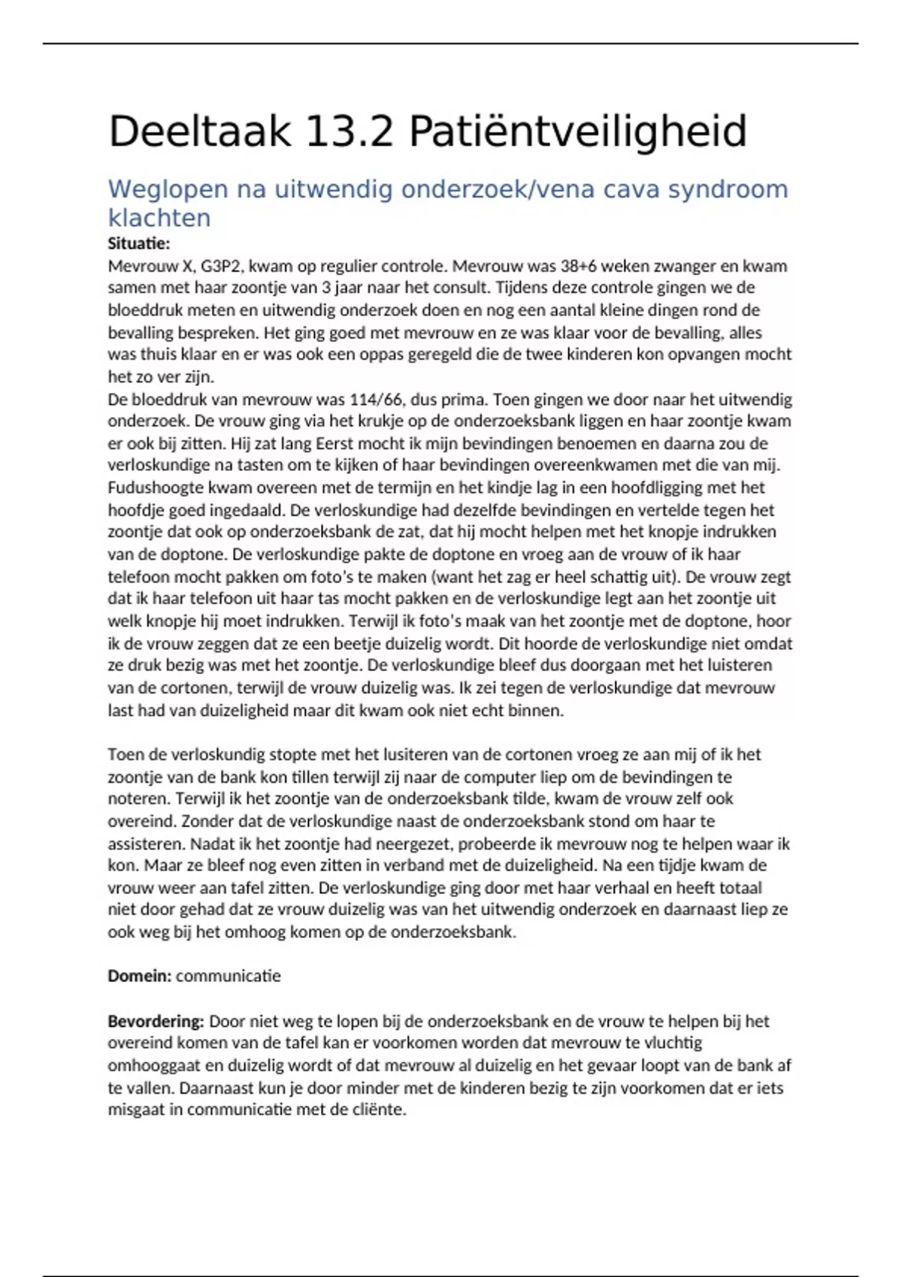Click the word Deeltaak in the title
point(199,131)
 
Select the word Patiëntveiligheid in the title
point(577,131)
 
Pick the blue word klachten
point(159,218)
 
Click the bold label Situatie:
point(139,243)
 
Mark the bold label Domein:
point(139,976)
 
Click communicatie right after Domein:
point(228,976)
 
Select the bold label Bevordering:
point(156,1021)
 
